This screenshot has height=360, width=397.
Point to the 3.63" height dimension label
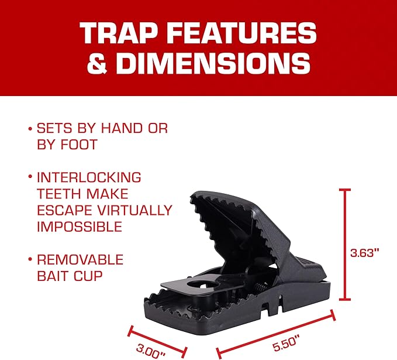tap(365, 252)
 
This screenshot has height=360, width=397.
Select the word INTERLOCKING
tap(89, 177)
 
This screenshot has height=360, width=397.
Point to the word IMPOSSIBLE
tap(79, 226)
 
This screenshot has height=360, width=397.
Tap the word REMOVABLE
tap(80, 259)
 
